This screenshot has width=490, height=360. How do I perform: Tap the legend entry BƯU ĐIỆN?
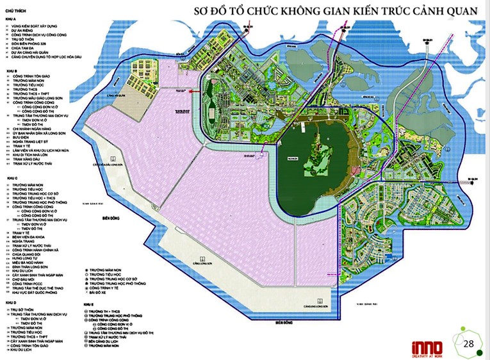pyautogui.click(x=22, y=136)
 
